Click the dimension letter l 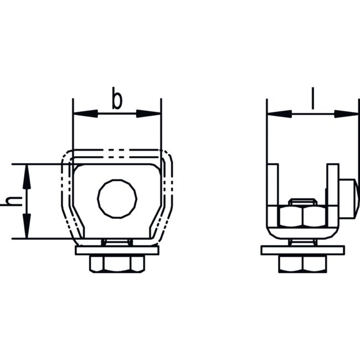(x=312, y=98)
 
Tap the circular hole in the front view (x=117, y=199)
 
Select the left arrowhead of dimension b (x=85, y=114)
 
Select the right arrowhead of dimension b (x=148, y=114)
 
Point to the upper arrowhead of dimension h (x=27, y=177)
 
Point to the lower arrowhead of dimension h (x=27, y=226)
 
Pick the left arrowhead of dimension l (x=279, y=114)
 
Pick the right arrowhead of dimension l (x=346, y=114)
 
